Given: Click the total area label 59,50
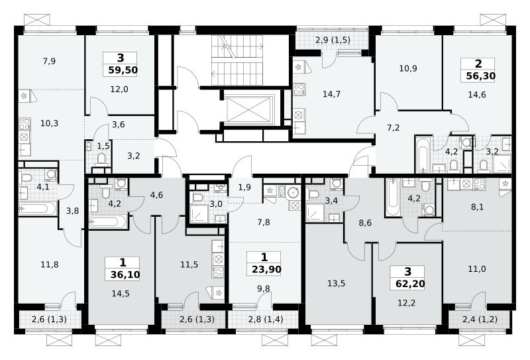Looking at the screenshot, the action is (x=123, y=70).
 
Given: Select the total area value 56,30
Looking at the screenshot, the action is (x=481, y=76).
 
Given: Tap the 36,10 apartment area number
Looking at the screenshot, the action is (x=125, y=274).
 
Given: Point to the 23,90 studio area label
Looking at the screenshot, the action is (x=266, y=269).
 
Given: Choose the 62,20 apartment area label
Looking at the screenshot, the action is (x=409, y=284).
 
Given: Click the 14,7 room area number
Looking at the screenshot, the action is (x=331, y=94).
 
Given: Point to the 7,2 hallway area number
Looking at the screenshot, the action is (x=393, y=127).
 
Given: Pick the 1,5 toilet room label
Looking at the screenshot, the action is (x=103, y=146).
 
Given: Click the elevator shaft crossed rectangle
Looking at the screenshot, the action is (x=250, y=109).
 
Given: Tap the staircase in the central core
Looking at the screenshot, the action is (x=237, y=60).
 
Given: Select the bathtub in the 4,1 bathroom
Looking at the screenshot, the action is (x=38, y=208).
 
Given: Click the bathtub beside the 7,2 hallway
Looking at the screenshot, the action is (x=423, y=154).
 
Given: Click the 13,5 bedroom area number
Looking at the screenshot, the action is (x=336, y=284).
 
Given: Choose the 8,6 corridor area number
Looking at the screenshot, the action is (x=365, y=223).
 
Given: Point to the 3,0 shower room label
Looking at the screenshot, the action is (x=216, y=204).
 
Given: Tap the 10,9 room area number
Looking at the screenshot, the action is (x=408, y=68).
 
